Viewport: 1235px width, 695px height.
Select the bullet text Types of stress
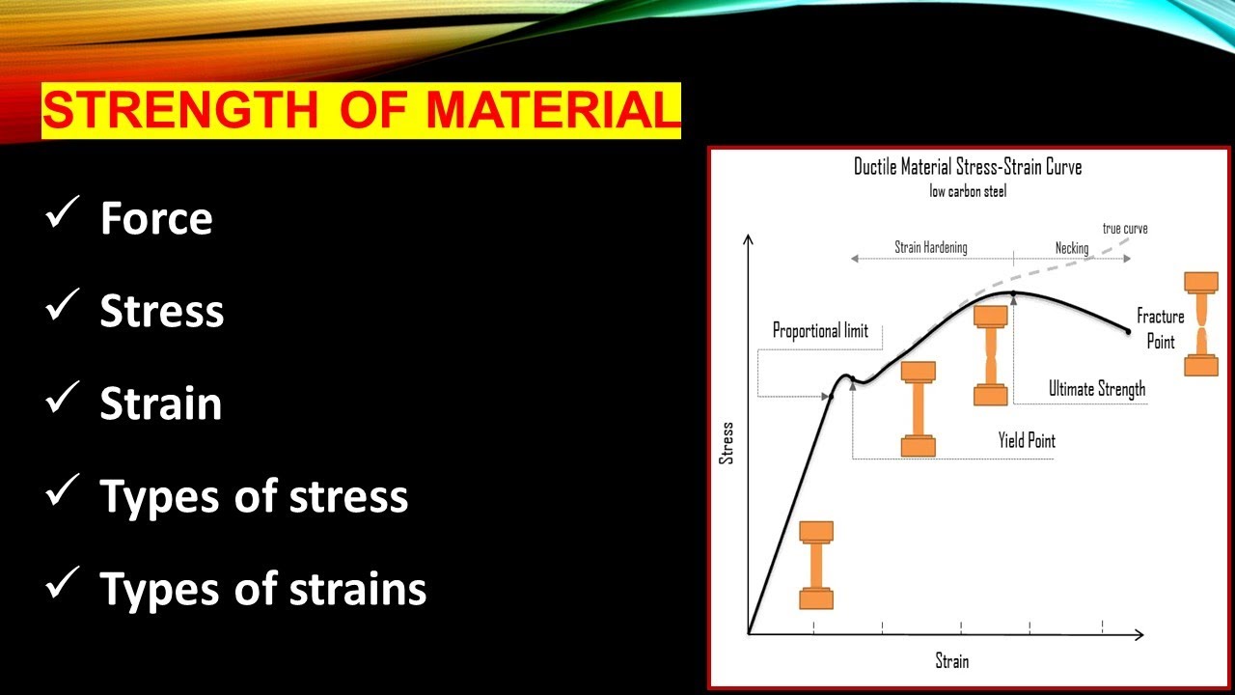pyautogui.click(x=254, y=496)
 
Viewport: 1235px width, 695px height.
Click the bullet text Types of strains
pyautogui.click(x=262, y=588)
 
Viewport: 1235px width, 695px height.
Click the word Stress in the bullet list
pyautogui.click(x=161, y=311)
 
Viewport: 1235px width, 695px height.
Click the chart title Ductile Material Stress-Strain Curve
pyautogui.click(x=968, y=167)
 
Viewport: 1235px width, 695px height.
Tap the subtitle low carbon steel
pyautogui.click(x=968, y=191)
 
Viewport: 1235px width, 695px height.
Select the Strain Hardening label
pyautogui.click(x=930, y=248)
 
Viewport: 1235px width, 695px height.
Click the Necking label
pyautogui.click(x=1071, y=248)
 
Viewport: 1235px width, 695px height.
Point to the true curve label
pyautogui.click(x=1125, y=229)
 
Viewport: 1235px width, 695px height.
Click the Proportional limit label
pyautogui.click(x=820, y=331)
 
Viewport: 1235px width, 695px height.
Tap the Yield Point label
pyautogui.click(x=1027, y=441)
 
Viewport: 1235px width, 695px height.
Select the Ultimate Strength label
pyautogui.click(x=1097, y=389)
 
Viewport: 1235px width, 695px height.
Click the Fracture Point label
pyautogui.click(x=1160, y=329)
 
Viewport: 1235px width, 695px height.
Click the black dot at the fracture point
pyautogui.click(x=1129, y=332)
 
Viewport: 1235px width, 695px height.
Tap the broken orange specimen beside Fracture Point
pyautogui.click(x=1201, y=324)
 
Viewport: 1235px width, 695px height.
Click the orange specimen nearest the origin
pyautogui.click(x=816, y=566)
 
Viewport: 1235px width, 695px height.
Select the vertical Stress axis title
pyautogui.click(x=727, y=443)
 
